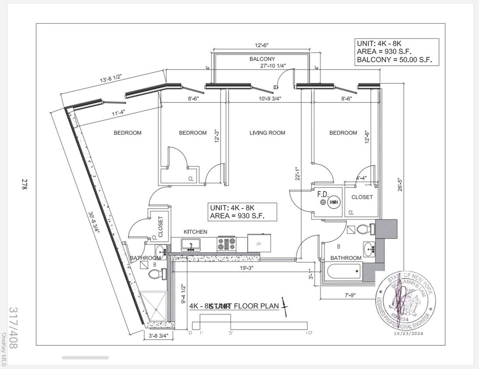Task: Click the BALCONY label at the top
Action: click(x=262, y=59)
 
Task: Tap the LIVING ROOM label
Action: click(x=267, y=133)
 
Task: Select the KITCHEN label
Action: click(x=195, y=232)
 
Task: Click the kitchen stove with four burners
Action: click(x=226, y=244)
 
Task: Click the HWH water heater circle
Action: click(x=334, y=202)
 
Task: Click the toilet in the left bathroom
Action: click(x=155, y=274)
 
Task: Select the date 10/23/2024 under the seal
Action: click(x=406, y=334)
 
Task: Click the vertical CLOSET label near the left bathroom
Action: click(x=160, y=226)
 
